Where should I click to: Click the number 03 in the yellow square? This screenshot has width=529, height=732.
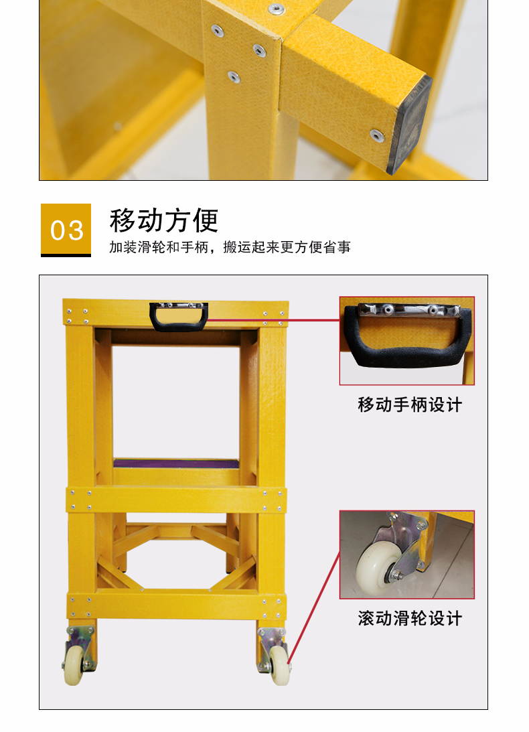(67, 230)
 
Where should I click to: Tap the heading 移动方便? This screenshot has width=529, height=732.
(164, 221)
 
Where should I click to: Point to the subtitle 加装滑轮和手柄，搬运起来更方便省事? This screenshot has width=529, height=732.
(230, 247)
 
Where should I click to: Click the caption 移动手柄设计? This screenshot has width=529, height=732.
(410, 405)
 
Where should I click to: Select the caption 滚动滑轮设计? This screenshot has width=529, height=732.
(410, 619)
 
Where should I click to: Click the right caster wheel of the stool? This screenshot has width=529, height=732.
(279, 665)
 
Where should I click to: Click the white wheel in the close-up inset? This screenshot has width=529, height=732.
(378, 567)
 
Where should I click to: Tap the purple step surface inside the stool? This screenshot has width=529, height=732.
(176, 463)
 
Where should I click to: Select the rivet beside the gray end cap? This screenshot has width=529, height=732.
(377, 135)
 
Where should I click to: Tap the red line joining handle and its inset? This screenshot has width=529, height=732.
(275, 320)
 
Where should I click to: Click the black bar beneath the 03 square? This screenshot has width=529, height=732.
(66, 255)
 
